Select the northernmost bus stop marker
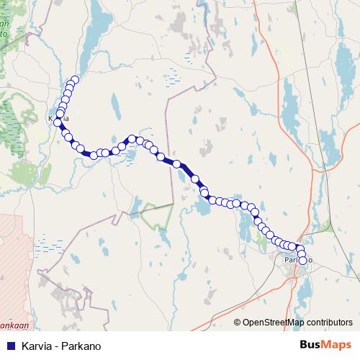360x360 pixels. (74, 79)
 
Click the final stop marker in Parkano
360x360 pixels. (302, 260)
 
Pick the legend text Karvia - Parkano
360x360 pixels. (61, 346)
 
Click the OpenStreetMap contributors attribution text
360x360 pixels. (297, 323)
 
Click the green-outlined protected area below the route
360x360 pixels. (158, 214)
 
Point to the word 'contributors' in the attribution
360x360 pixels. (330, 323)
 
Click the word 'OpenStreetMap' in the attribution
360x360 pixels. (273, 323)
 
